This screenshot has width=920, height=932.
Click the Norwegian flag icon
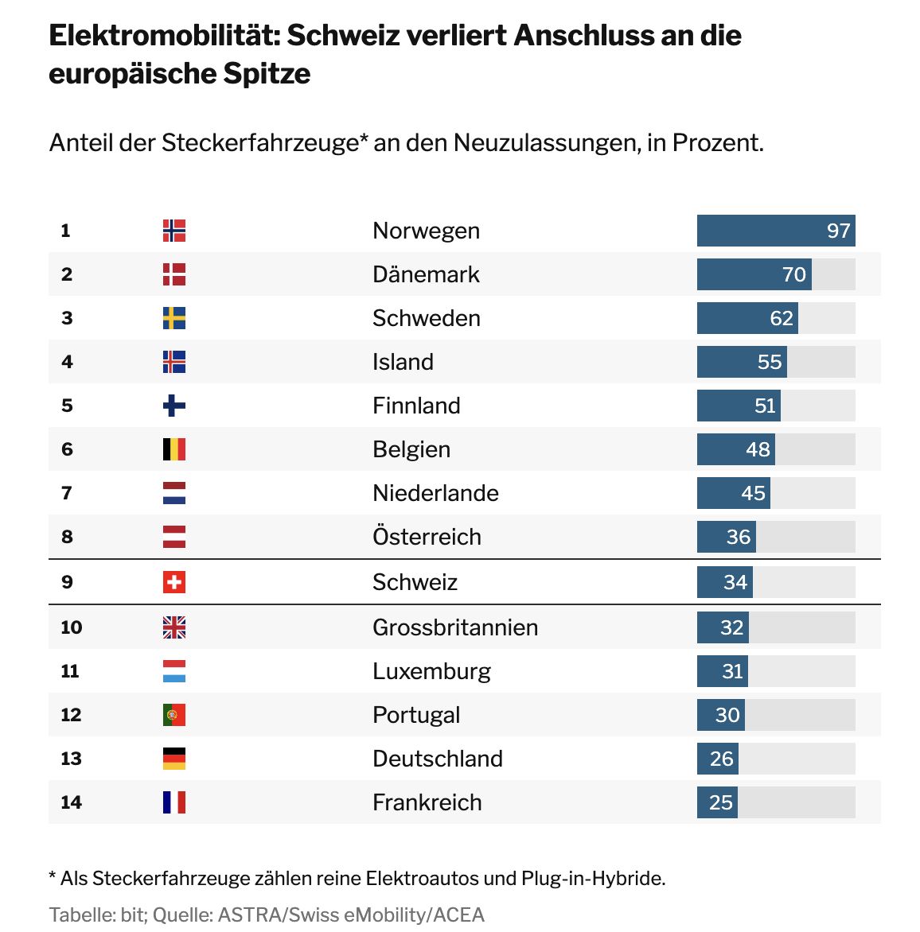174,231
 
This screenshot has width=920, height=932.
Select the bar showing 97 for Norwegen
776,231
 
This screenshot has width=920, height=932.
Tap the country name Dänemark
426,274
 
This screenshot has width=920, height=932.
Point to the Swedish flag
174,318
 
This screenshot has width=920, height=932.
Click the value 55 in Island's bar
770,362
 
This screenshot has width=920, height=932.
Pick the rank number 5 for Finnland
67,406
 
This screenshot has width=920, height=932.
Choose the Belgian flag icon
174,449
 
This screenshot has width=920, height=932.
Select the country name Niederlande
435,493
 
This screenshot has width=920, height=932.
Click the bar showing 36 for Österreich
726,537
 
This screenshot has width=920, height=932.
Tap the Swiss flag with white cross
174,582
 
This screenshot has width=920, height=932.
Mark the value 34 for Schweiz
735,582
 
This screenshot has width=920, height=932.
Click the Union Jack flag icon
174,627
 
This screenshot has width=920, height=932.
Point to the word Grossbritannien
455,627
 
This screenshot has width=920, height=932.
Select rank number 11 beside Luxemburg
70,671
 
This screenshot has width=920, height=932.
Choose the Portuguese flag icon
174,715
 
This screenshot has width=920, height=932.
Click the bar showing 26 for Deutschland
717,759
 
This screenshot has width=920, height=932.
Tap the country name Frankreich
427,802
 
